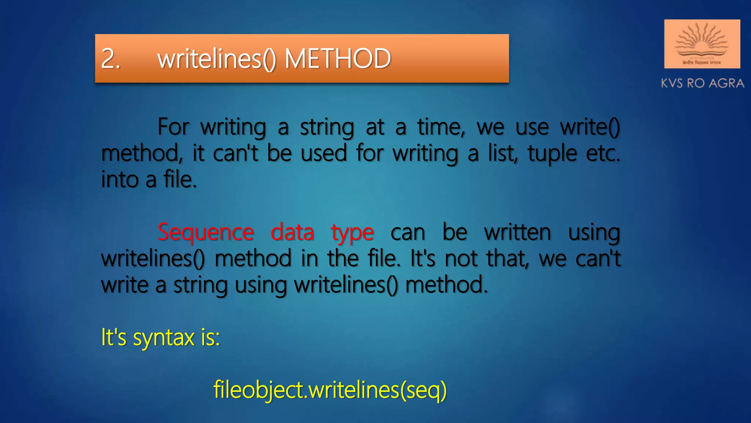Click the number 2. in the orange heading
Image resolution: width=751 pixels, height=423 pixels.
(x=110, y=59)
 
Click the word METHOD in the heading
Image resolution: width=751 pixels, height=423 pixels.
(x=338, y=59)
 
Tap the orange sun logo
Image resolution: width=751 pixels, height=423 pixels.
(x=702, y=43)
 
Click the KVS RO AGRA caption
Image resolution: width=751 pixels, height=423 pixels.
(x=702, y=83)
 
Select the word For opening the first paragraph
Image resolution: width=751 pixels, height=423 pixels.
(x=173, y=127)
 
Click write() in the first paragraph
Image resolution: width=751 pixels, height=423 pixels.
(x=590, y=127)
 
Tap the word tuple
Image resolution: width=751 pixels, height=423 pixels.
(x=552, y=153)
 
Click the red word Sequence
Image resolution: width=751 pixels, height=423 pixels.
(x=206, y=232)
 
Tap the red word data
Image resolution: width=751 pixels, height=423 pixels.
(x=292, y=232)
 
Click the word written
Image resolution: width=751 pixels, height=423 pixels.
(x=517, y=232)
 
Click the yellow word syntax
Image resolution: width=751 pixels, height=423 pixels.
(x=164, y=338)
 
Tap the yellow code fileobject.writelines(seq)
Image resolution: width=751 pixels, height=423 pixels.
(x=330, y=390)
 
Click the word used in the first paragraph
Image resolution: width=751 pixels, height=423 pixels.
(x=324, y=153)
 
